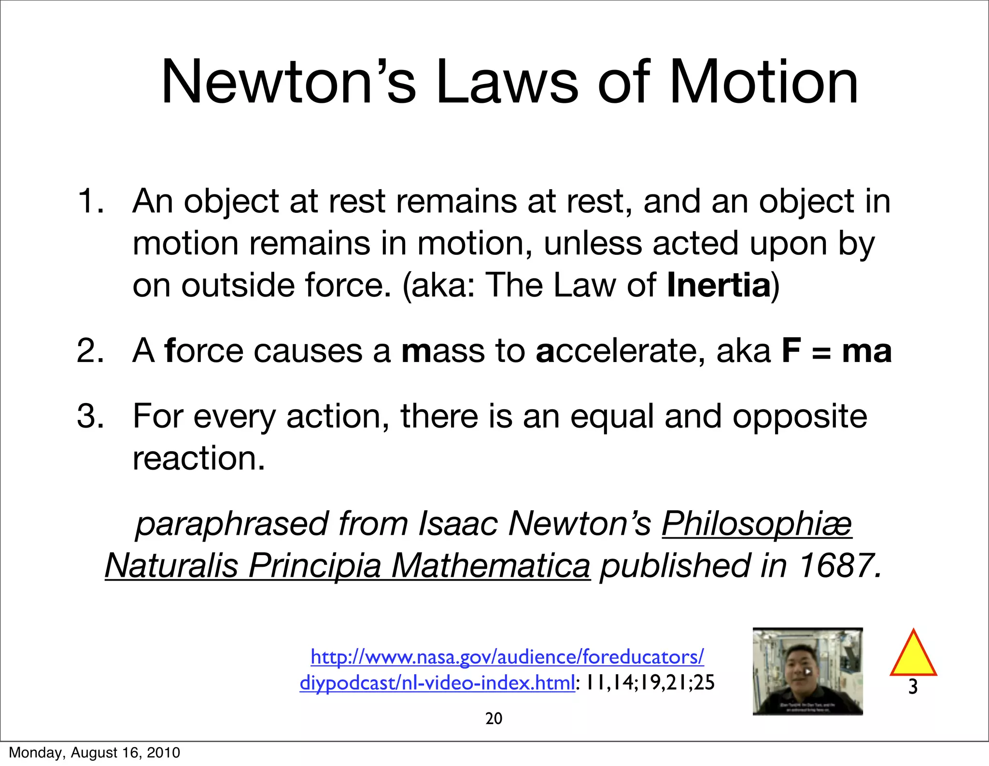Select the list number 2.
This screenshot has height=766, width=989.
point(90,351)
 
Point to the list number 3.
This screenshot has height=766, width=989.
point(90,416)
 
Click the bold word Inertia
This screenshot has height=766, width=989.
point(719,285)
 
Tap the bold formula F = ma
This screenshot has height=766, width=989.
point(836,351)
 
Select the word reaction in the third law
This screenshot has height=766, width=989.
point(199,458)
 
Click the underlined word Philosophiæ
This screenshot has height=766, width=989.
point(757,524)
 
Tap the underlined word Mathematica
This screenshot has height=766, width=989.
point(490,566)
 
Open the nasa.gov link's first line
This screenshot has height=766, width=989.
point(507,657)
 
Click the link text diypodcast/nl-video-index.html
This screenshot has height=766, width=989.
point(437,683)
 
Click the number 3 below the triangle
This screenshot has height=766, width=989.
point(913,687)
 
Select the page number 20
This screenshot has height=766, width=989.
point(494,719)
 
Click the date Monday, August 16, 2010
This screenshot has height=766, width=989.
point(95,753)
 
